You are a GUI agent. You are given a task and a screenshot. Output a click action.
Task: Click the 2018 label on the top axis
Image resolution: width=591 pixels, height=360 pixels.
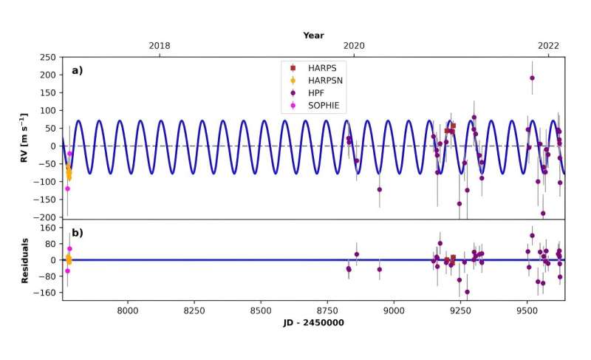point(160,46)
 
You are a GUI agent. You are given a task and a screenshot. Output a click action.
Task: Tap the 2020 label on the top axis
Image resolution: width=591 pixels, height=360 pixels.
point(354,46)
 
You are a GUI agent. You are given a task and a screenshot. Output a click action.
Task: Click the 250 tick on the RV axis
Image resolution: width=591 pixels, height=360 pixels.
point(49,57)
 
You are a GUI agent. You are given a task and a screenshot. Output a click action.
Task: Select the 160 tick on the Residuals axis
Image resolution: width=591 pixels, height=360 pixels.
point(49,228)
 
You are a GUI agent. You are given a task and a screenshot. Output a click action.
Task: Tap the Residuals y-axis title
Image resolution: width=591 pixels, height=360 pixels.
point(24,260)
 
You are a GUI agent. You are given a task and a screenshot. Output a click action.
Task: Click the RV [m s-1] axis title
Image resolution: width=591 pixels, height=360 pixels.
point(24,137)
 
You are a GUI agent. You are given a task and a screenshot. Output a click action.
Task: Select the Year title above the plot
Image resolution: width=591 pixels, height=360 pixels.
point(313,35)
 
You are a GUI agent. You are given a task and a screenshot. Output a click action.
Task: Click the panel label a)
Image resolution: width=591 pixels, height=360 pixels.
point(78,71)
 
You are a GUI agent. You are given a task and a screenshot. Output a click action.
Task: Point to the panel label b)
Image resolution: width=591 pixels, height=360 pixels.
point(78,233)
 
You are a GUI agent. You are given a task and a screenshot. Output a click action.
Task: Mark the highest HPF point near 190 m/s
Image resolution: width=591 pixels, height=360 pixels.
point(532,78)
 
